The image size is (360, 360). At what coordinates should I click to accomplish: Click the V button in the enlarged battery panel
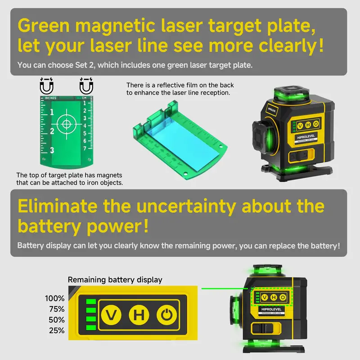[x=111, y=315]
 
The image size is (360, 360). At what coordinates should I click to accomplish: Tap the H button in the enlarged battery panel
[x=139, y=315]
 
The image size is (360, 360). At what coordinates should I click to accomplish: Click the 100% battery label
[x=54, y=298]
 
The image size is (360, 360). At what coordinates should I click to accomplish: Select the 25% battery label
[x=57, y=330]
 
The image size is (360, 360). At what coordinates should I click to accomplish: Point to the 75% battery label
[x=57, y=309]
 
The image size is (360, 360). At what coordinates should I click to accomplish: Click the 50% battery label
[x=57, y=320]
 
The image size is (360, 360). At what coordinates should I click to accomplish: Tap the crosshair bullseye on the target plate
[x=67, y=124]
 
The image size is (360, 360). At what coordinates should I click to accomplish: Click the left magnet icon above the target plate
[x=47, y=85]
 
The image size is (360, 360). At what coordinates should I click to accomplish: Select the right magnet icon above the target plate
[x=86, y=85]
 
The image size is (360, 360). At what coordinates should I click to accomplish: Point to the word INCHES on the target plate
[x=50, y=98]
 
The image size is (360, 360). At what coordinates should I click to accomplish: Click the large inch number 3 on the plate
[x=52, y=150]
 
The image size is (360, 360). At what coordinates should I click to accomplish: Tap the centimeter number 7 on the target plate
[x=85, y=148]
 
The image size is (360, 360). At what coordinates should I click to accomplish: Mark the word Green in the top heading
[x=44, y=26]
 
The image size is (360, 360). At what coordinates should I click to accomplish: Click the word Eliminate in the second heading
[x=58, y=206]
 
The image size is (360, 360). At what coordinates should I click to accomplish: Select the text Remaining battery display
[x=115, y=279]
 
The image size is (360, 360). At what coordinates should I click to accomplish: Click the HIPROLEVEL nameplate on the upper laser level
[x=306, y=137]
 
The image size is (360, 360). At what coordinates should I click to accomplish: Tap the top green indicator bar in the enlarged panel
[x=91, y=301]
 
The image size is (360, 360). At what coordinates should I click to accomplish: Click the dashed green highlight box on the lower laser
[x=272, y=297]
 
